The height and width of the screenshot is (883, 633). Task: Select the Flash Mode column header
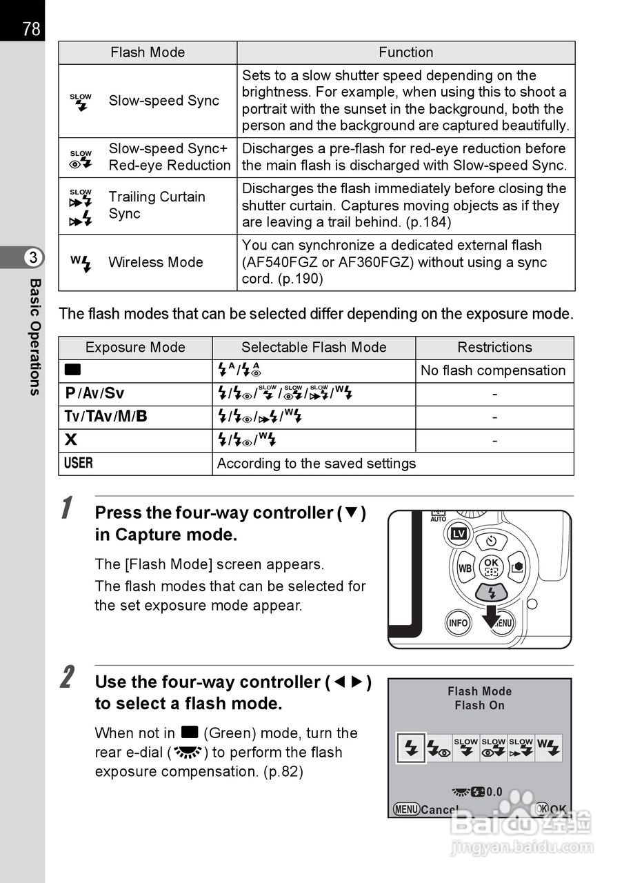148,52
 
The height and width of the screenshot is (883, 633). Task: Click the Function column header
405,52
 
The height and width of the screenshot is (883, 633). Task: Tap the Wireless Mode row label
155,262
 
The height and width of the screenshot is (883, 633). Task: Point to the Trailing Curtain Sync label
157,205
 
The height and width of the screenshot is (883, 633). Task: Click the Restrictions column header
494,347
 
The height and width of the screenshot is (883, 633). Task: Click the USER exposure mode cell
79,463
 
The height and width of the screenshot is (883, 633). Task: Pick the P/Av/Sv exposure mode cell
95,393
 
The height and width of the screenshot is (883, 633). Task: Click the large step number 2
66,677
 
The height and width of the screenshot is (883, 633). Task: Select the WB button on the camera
465,568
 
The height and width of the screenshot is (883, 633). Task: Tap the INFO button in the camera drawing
458,622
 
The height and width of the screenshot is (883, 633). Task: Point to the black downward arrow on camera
491,616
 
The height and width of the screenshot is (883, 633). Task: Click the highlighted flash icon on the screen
411,748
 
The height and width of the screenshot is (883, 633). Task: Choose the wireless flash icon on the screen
549,748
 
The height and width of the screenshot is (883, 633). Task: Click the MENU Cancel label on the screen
425,809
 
